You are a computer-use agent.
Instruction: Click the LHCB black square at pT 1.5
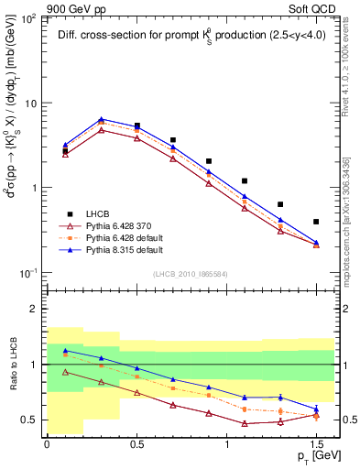click(x=316, y=222)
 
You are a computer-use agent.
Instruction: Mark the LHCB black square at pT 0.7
click(x=173, y=140)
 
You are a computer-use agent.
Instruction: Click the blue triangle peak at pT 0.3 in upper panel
click(x=101, y=119)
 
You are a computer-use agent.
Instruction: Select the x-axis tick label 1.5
click(x=316, y=443)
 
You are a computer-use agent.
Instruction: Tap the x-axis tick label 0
click(x=47, y=443)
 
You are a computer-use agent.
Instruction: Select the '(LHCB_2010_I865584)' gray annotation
click(x=190, y=273)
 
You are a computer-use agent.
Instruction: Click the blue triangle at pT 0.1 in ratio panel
click(x=65, y=351)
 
